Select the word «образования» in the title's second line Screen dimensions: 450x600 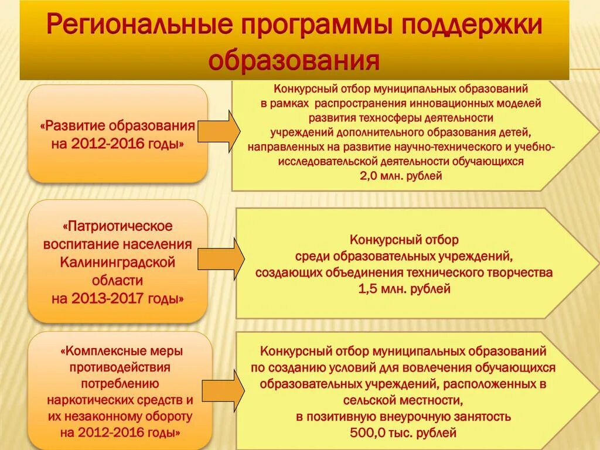point(294,60)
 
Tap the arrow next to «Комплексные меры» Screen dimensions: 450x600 point(223,390)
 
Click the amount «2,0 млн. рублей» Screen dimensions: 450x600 point(401,175)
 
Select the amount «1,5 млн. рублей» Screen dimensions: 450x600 point(404,288)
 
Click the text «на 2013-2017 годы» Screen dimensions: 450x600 point(117,299)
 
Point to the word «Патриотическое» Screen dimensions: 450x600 point(117,226)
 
